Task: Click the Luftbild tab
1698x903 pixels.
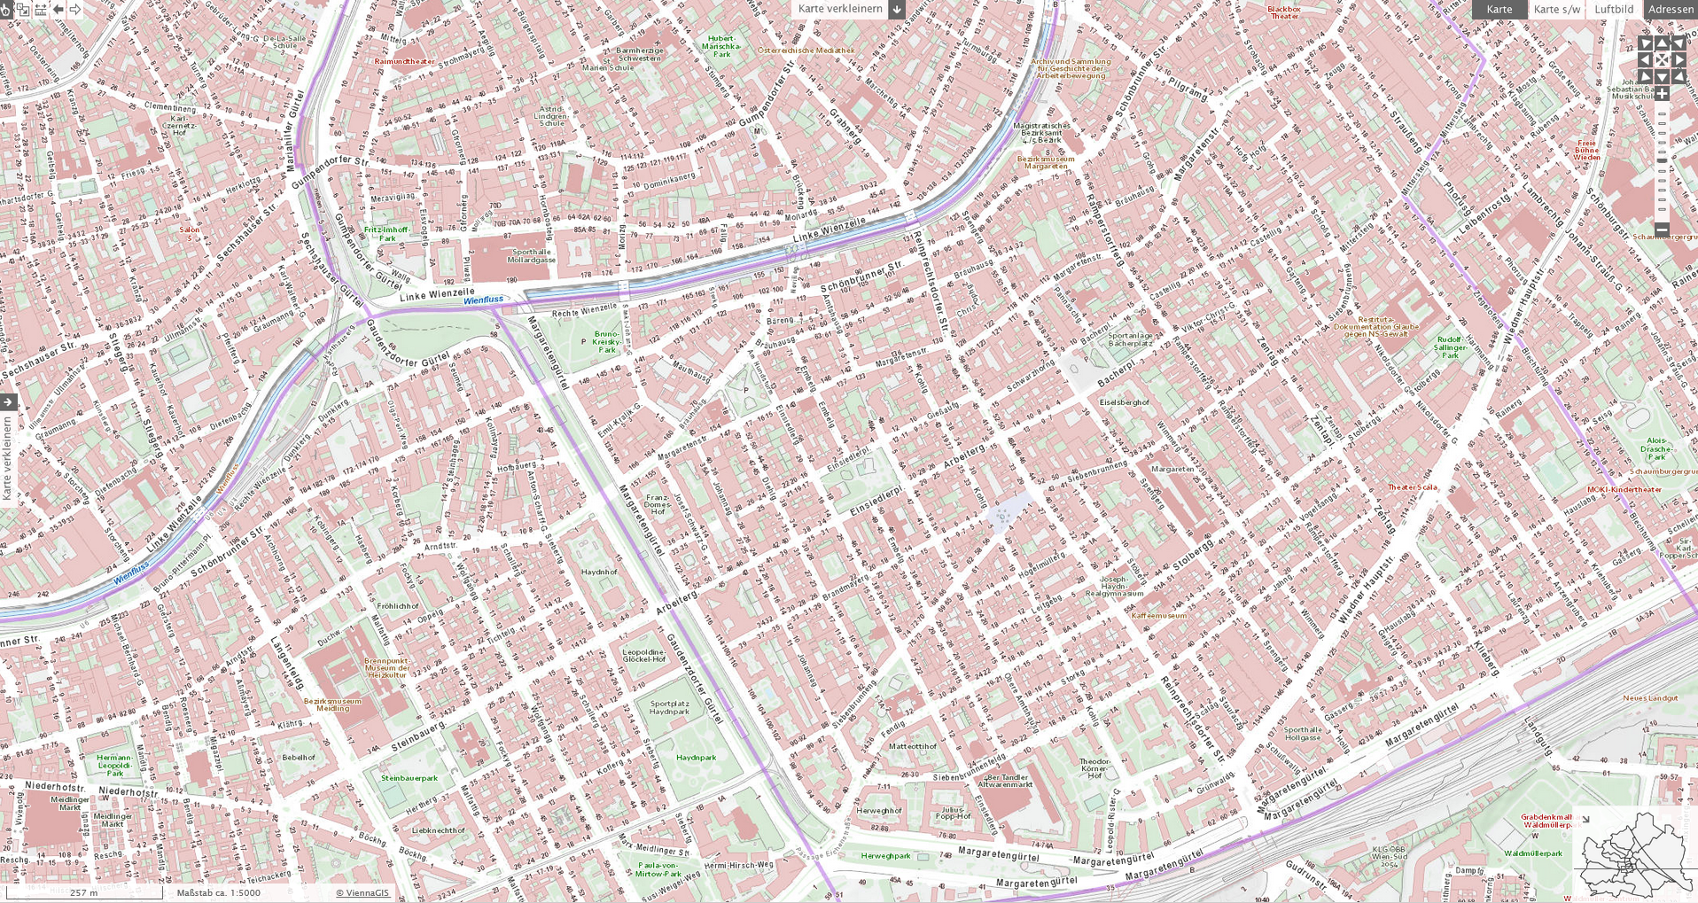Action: (1613, 9)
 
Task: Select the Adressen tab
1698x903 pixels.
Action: (1671, 9)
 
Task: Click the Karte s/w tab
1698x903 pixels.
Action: (1556, 9)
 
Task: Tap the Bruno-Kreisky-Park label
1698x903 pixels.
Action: (606, 342)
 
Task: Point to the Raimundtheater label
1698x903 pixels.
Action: (405, 61)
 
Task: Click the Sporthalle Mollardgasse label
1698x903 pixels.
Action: (532, 255)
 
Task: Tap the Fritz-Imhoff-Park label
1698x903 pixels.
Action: (387, 234)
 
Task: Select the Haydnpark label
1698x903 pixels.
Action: (696, 758)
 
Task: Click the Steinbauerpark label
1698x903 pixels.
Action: (409, 778)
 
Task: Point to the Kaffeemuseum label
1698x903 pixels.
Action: (1158, 615)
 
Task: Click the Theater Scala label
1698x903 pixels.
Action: (1413, 487)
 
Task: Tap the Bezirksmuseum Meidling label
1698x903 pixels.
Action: (332, 704)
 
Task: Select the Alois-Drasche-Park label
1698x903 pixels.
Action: (1656, 448)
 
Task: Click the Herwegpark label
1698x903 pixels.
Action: (886, 856)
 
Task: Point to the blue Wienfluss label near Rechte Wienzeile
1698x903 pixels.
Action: (484, 300)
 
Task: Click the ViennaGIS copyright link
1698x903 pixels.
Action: (362, 892)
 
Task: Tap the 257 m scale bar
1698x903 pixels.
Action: (83, 892)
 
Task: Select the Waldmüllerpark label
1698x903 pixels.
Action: (1533, 853)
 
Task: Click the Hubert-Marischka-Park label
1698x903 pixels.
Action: (722, 47)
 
